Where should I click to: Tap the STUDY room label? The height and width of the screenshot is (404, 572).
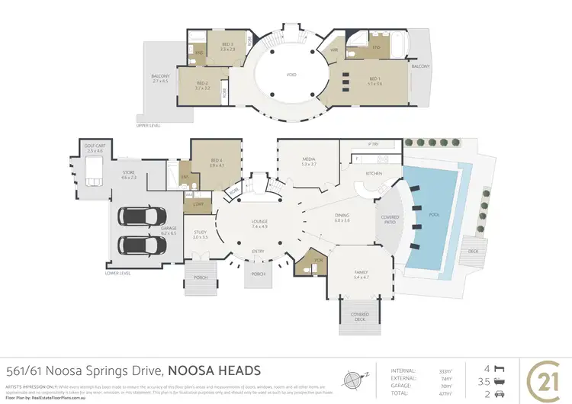(x=200, y=232)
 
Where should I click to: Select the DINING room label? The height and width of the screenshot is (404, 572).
(x=342, y=216)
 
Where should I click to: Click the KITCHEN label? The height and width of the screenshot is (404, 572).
(x=374, y=174)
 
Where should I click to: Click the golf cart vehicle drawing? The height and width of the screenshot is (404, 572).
(x=93, y=173)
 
